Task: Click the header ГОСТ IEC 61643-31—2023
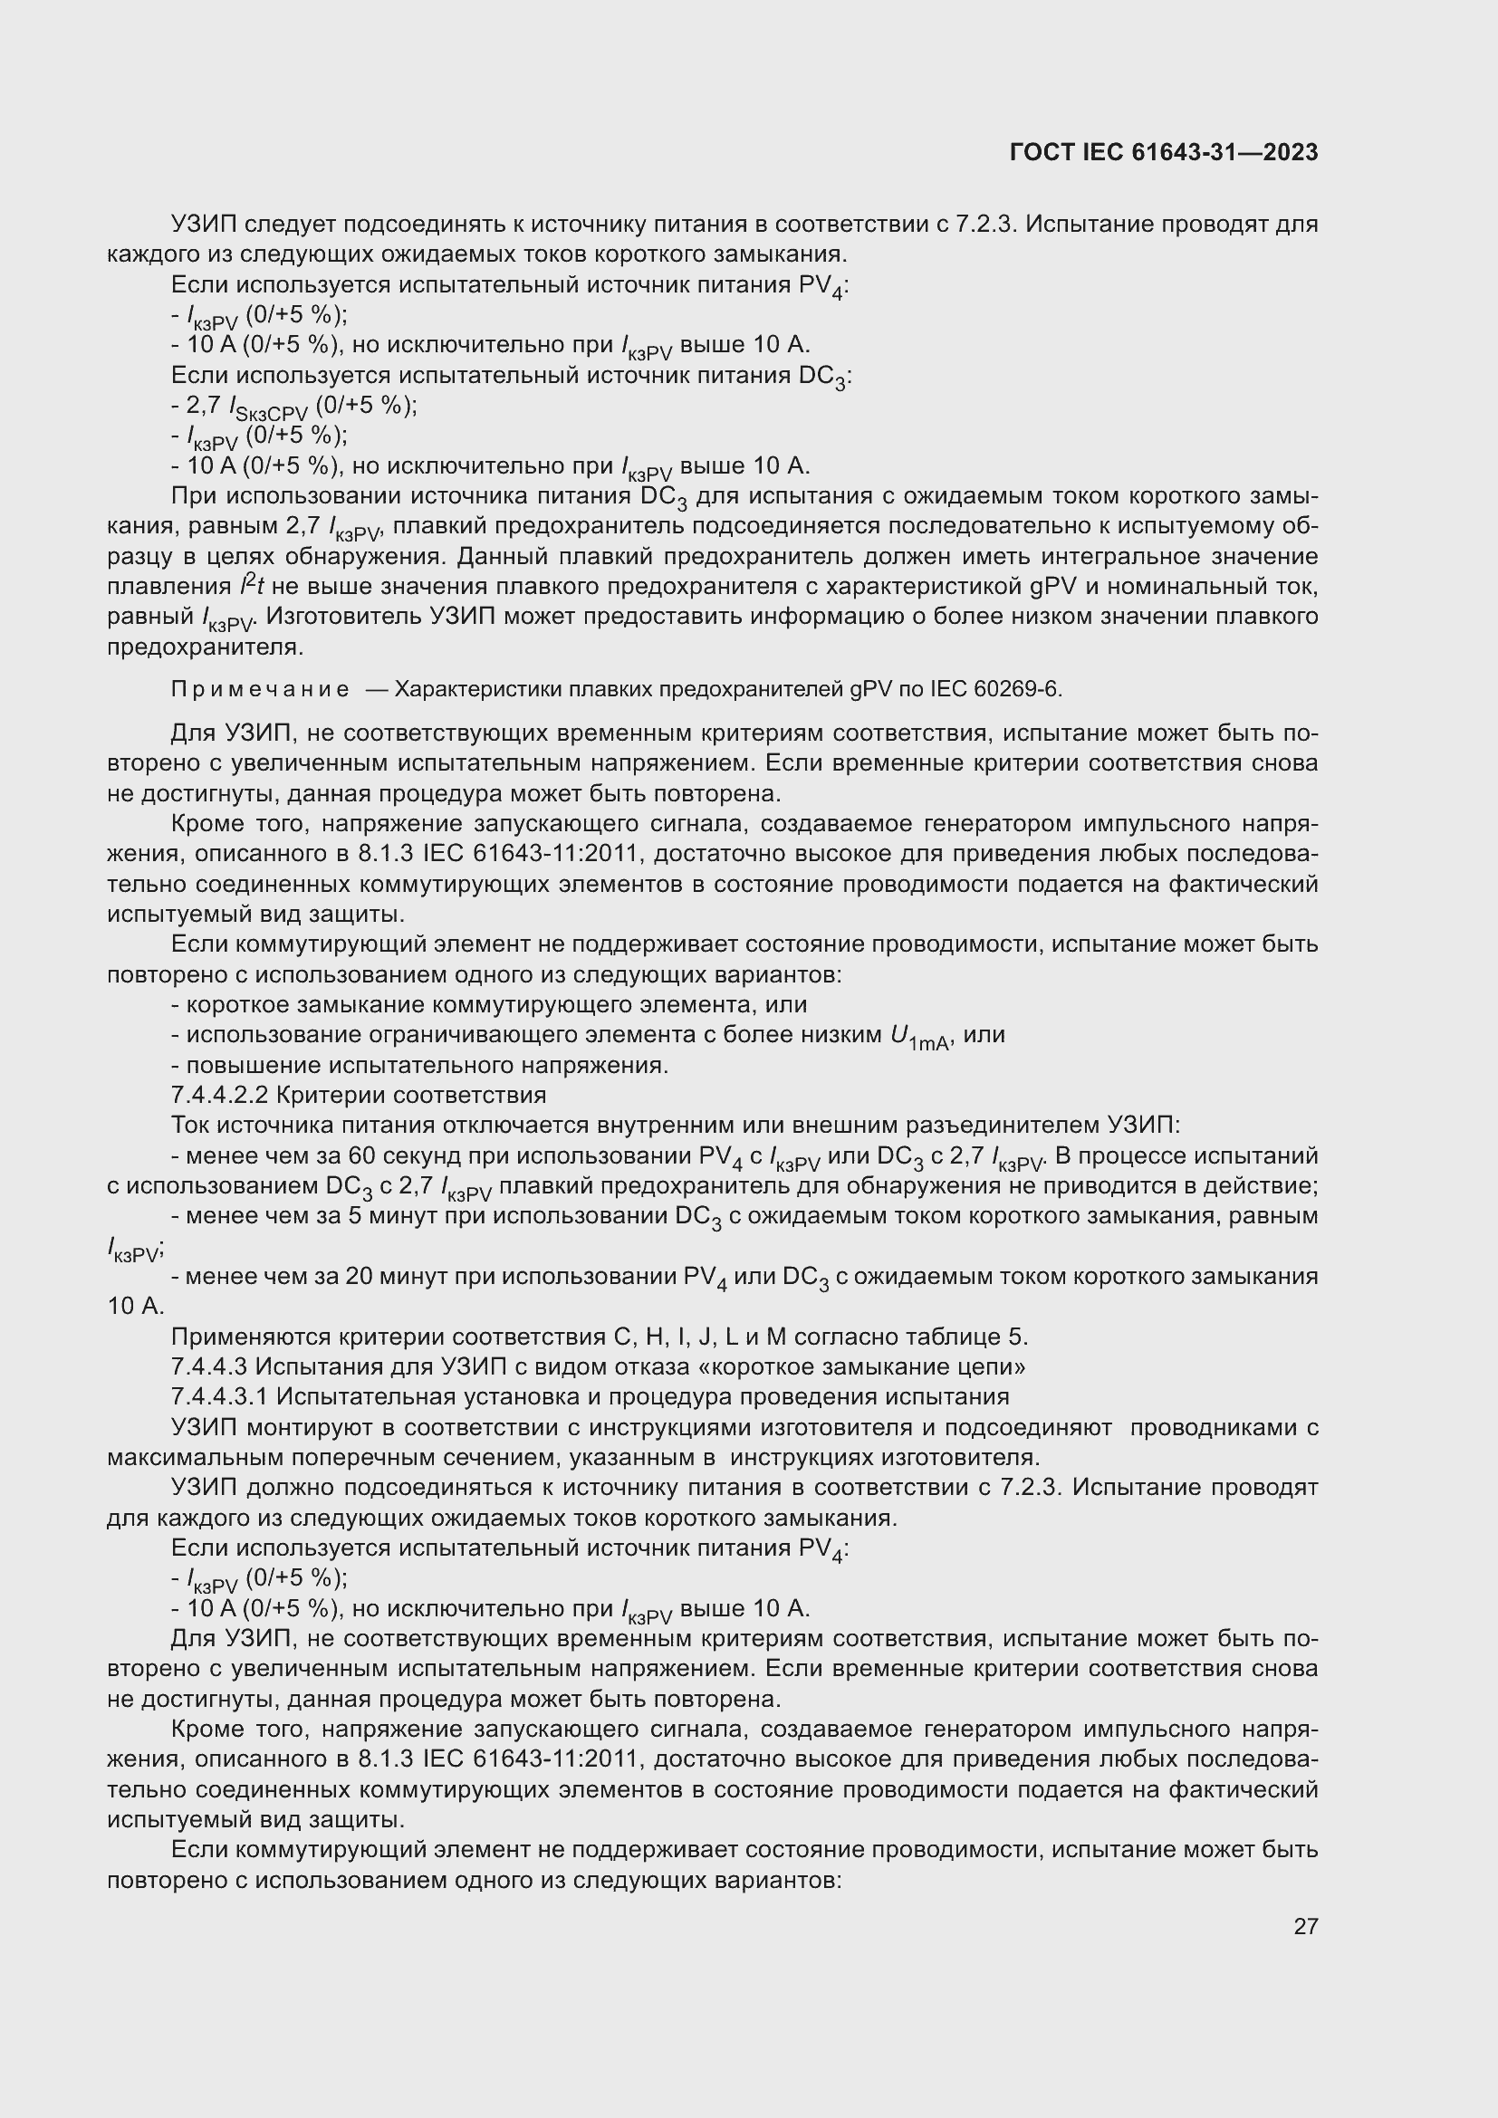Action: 1163,152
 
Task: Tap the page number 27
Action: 1305,1925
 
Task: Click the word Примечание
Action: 260,689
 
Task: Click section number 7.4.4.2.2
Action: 219,1095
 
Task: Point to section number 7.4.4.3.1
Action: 219,1396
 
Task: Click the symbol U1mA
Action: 918,1037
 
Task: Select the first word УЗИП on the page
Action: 204,225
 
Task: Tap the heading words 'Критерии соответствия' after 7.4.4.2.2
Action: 411,1095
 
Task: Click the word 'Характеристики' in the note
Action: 478,689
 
